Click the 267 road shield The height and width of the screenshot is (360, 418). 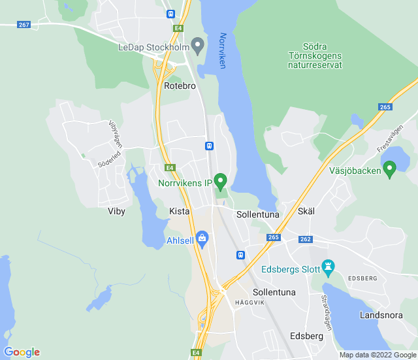point(24,25)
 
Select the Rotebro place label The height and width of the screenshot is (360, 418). point(180,86)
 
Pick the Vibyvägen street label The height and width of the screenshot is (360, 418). point(116,133)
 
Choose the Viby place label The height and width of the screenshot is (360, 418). point(116,211)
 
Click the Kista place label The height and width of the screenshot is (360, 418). point(179,212)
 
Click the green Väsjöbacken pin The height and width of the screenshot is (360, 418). point(390,169)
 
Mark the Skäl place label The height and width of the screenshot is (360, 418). point(306,212)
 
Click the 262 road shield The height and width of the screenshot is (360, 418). point(306,239)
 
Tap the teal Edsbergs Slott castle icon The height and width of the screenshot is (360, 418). point(329,266)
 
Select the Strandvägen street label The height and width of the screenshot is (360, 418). point(325,312)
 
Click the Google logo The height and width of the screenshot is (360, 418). point(22,352)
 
